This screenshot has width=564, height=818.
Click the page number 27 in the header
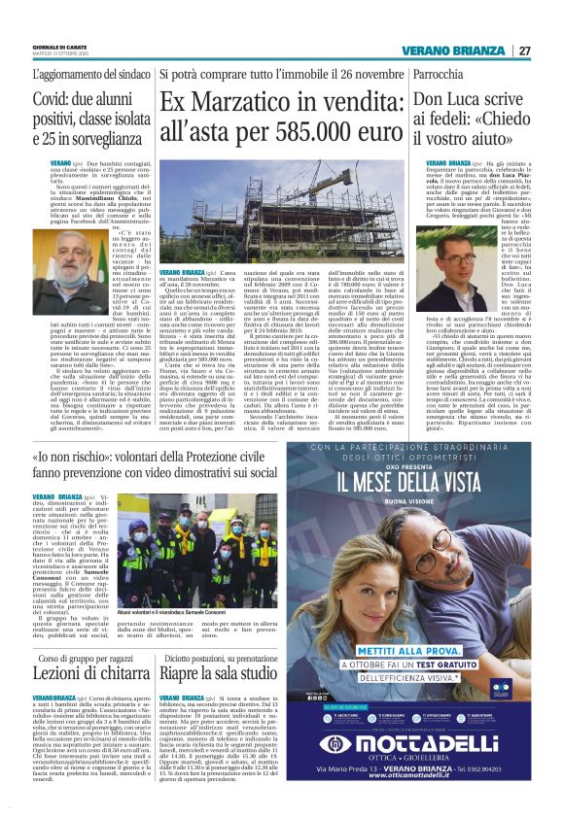pyautogui.click(x=524, y=51)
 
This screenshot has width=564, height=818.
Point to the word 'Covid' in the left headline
pyautogui.click(x=54, y=100)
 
